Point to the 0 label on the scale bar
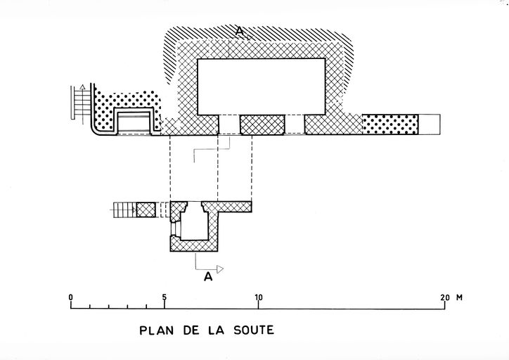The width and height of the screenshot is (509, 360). click(71, 297)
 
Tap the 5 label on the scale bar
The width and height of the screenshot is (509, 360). click(165, 297)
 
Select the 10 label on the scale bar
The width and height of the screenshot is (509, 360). click(259, 297)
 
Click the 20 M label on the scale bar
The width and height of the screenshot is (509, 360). click(451, 297)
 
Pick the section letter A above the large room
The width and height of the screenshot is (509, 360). click(240, 31)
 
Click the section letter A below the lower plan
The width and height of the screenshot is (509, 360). click(207, 277)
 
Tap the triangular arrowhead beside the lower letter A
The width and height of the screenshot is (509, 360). click(219, 269)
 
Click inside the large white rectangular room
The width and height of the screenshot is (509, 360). click(261, 86)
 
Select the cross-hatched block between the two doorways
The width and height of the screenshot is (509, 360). click(262, 124)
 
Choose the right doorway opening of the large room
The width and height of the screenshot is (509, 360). click(295, 124)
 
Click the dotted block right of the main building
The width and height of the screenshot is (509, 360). click(389, 124)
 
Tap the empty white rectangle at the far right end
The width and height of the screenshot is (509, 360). click(428, 124)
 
